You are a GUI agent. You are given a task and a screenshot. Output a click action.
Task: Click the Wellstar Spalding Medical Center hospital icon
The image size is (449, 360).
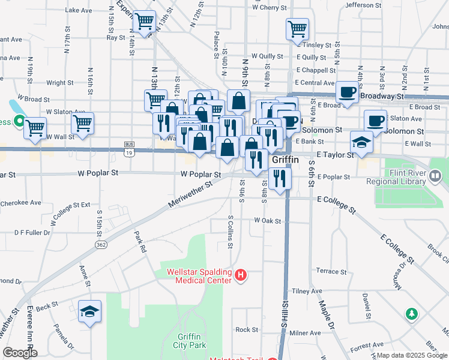click(241, 276)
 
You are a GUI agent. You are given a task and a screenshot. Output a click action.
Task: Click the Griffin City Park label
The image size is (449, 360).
click(190, 341)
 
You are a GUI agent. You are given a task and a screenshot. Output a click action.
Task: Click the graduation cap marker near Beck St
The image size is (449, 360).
click(90, 311)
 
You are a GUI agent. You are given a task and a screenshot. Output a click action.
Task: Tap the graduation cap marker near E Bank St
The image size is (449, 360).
click(361, 143)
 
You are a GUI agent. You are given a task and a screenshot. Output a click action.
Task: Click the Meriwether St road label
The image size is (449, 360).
click(191, 195)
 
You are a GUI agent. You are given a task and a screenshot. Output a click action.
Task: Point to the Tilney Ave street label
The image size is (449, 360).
click(307, 291)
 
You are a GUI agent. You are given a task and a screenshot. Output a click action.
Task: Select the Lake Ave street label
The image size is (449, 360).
click(79, 10)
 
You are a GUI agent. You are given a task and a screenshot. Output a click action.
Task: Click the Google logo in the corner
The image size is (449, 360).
click(20, 353)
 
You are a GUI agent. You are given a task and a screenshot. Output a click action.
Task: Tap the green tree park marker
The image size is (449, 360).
click(411, 314)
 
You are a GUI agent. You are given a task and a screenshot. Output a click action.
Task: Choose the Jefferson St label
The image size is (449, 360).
click(376, 5)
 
